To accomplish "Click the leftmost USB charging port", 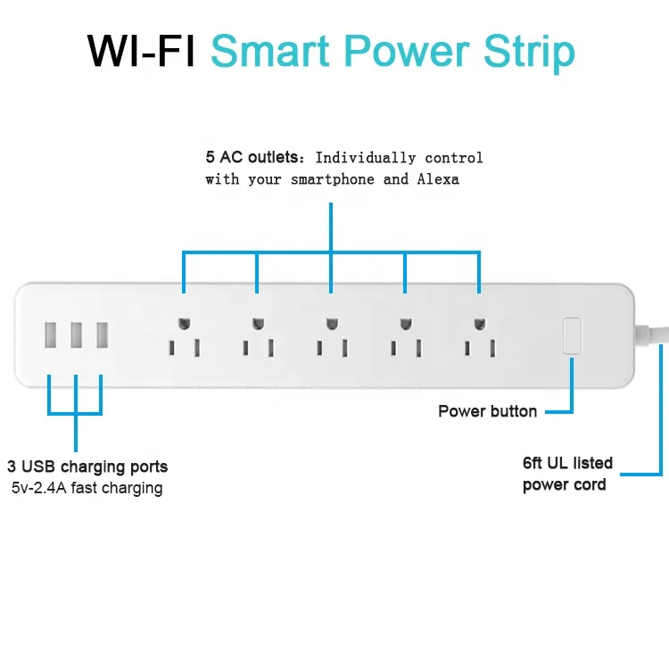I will click(x=49, y=335).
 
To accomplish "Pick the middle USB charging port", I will click(x=76, y=335).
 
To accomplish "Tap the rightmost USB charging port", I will click(x=102, y=335).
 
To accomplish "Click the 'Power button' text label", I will click(x=487, y=411).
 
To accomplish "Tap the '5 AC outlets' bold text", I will click(x=252, y=158).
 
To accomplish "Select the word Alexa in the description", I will click(x=437, y=179).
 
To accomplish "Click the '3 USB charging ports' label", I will click(x=87, y=467).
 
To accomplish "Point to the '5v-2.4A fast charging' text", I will click(x=87, y=488).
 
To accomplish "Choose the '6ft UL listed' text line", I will click(x=567, y=463).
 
